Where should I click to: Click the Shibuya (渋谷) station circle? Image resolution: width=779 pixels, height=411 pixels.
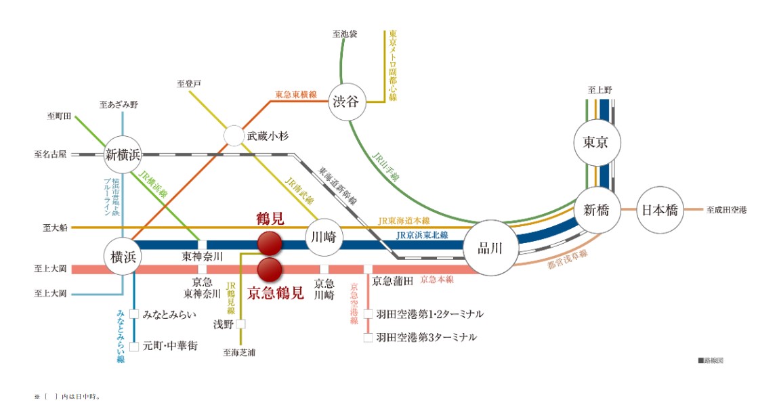[x=348, y=103]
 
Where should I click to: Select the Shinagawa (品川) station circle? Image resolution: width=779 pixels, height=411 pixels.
[x=490, y=248]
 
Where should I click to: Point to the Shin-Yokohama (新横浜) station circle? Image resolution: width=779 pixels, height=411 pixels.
[x=123, y=154]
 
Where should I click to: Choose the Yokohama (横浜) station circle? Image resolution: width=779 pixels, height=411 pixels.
[x=123, y=256]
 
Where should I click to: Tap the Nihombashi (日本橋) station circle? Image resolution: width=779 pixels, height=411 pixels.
[x=659, y=210]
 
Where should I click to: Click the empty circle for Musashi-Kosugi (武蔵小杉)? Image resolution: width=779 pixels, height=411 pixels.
[x=233, y=135]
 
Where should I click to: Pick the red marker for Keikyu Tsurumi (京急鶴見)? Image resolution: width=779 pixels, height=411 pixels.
[x=270, y=269]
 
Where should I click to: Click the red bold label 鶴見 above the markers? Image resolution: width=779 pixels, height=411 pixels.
[x=270, y=219]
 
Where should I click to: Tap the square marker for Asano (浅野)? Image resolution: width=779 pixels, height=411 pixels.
[x=240, y=324]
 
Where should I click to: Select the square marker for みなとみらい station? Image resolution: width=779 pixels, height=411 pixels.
[x=134, y=314]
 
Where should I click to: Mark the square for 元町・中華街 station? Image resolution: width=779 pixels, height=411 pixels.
[x=134, y=346]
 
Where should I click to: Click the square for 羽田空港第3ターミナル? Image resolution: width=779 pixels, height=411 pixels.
[x=368, y=337]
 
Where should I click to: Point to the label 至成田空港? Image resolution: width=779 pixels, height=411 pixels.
[x=726, y=210]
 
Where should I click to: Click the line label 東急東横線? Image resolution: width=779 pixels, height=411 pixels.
[x=296, y=95]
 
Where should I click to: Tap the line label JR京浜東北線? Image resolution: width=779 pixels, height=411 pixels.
[x=422, y=235]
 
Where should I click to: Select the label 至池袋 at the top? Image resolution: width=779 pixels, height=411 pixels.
[x=345, y=33]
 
